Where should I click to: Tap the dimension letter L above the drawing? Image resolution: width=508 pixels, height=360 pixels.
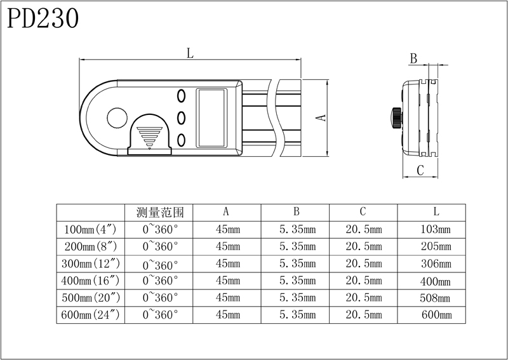tap(190, 54)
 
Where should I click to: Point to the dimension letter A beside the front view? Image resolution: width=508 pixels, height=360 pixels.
tap(321, 117)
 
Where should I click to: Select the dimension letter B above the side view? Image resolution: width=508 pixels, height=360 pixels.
tap(413, 59)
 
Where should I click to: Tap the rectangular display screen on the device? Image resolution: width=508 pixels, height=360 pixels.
tap(211, 117)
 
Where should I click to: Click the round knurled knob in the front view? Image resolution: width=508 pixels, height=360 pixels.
tap(117, 118)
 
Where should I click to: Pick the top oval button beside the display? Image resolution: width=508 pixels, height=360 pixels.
tap(181, 95)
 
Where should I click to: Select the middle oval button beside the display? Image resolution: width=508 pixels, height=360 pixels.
tap(181, 117)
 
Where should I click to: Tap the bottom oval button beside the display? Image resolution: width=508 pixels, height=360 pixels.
tap(181, 140)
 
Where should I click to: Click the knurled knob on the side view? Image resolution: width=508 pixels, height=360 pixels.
tap(396, 117)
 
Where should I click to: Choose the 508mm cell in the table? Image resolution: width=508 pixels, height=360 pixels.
tap(435, 297)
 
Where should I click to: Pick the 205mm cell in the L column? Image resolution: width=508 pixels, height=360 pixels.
tap(435, 246)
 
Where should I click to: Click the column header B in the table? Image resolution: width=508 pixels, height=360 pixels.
tap(296, 212)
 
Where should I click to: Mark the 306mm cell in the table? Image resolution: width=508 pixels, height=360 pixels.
tap(435, 263)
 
